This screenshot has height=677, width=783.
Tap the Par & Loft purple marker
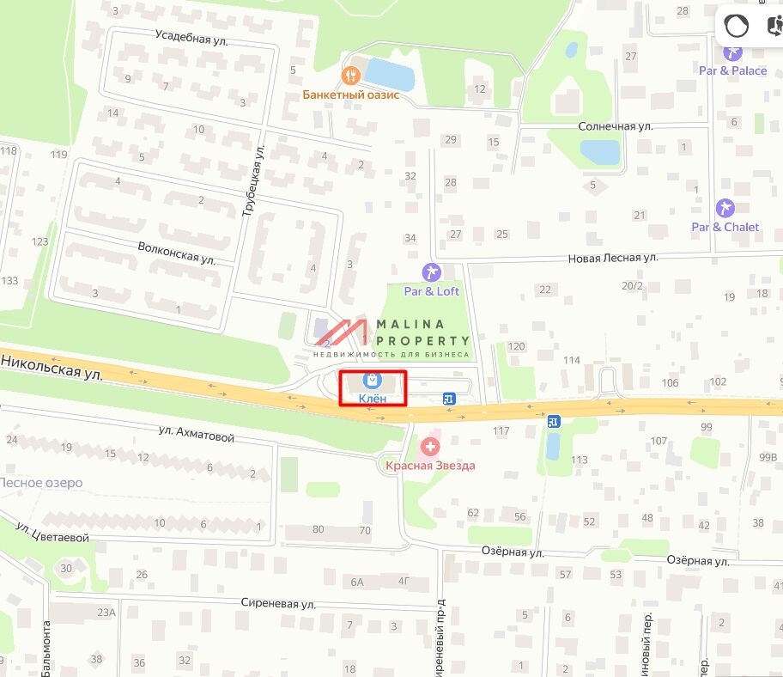tap(432, 272)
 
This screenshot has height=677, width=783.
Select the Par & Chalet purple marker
tap(725, 208)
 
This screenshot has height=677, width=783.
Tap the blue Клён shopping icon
tap(373, 380)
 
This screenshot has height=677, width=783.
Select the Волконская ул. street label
tap(176, 252)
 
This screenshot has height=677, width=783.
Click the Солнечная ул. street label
tap(616, 125)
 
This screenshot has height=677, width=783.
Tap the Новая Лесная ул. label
tap(612, 257)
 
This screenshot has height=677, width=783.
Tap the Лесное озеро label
tap(41, 483)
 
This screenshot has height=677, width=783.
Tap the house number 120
tap(516, 346)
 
